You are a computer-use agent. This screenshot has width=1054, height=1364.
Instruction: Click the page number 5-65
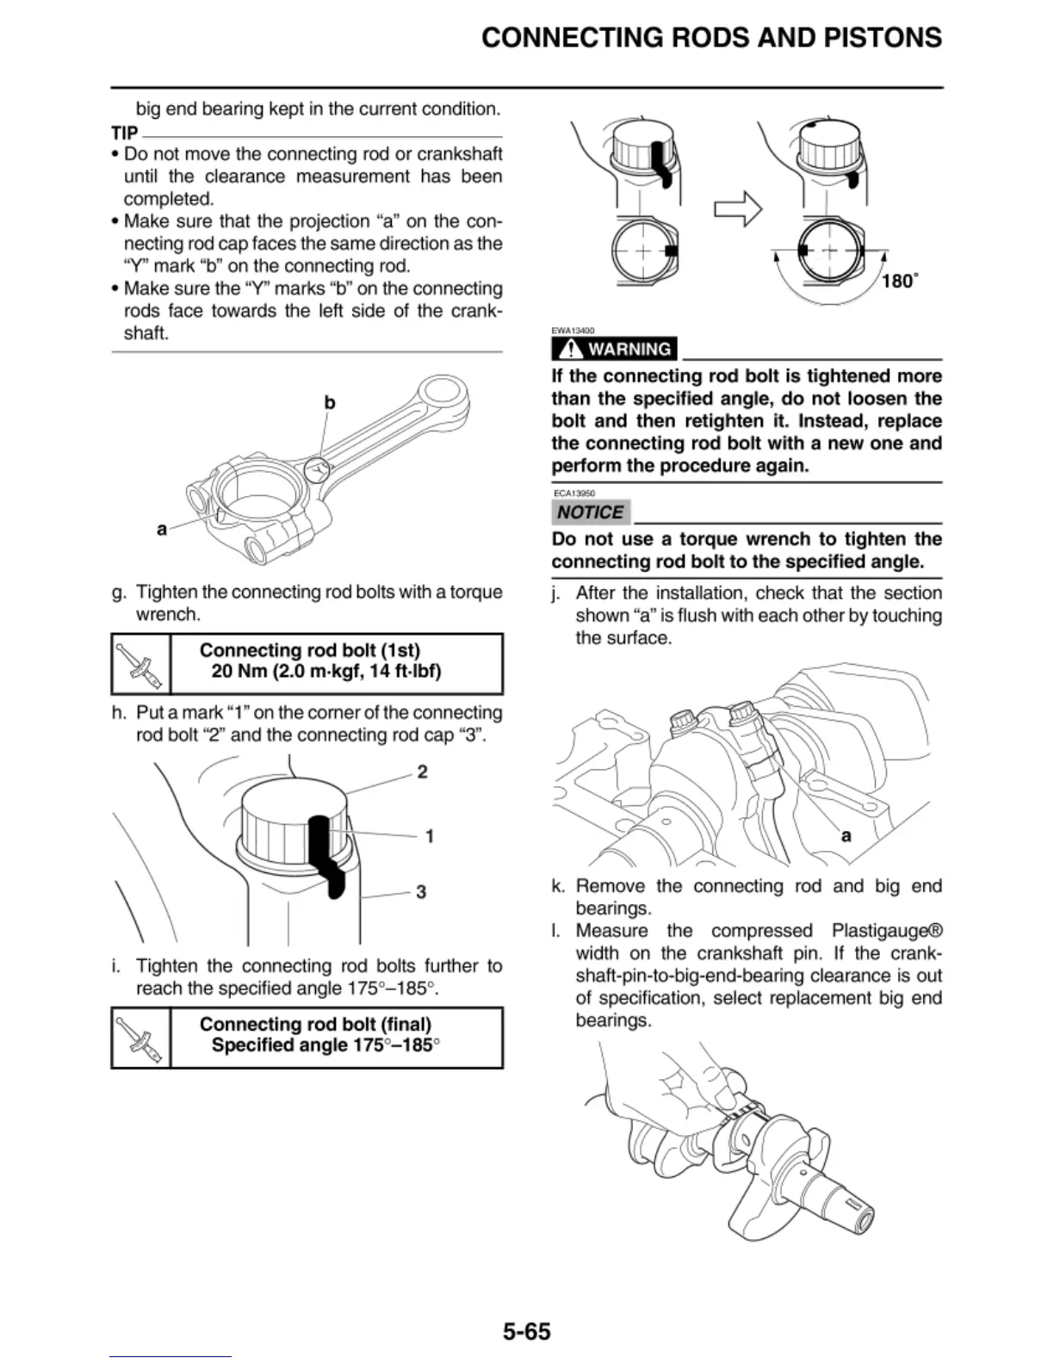pyautogui.click(x=526, y=1331)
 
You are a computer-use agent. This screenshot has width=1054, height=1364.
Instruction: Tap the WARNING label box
pyautogui.click(x=615, y=349)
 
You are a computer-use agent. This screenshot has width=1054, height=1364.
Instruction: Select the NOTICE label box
pyautogui.click(x=590, y=512)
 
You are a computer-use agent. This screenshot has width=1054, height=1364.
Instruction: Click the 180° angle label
pyautogui.click(x=900, y=281)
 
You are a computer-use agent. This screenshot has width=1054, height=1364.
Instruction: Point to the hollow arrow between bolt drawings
pyautogui.click(x=738, y=208)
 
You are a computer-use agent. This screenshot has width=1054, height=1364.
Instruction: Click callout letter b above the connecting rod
pyautogui.click(x=330, y=402)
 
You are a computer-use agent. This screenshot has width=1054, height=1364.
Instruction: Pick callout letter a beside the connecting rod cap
pyautogui.click(x=162, y=529)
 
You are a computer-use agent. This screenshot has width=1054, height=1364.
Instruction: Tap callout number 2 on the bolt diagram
pyautogui.click(x=422, y=772)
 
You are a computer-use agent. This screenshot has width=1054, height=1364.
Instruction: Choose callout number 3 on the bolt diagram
pyautogui.click(x=421, y=891)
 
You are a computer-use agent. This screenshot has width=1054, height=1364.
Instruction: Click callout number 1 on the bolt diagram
pyautogui.click(x=429, y=835)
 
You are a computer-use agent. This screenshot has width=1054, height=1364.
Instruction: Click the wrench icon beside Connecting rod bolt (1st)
pyautogui.click(x=141, y=664)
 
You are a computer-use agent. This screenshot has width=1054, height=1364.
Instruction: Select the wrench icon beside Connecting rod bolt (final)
pyautogui.click(x=141, y=1038)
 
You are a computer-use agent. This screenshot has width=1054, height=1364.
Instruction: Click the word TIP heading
pyautogui.click(x=125, y=133)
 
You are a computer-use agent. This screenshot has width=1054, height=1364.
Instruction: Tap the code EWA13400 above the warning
pyautogui.click(x=573, y=331)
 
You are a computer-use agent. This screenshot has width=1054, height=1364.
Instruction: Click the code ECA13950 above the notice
pyautogui.click(x=574, y=493)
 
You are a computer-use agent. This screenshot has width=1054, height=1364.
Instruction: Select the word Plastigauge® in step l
pyautogui.click(x=887, y=931)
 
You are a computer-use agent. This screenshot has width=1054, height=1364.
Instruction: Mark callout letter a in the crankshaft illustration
pyautogui.click(x=846, y=834)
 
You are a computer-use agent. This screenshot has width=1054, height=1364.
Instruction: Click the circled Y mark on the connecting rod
pyautogui.click(x=318, y=469)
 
